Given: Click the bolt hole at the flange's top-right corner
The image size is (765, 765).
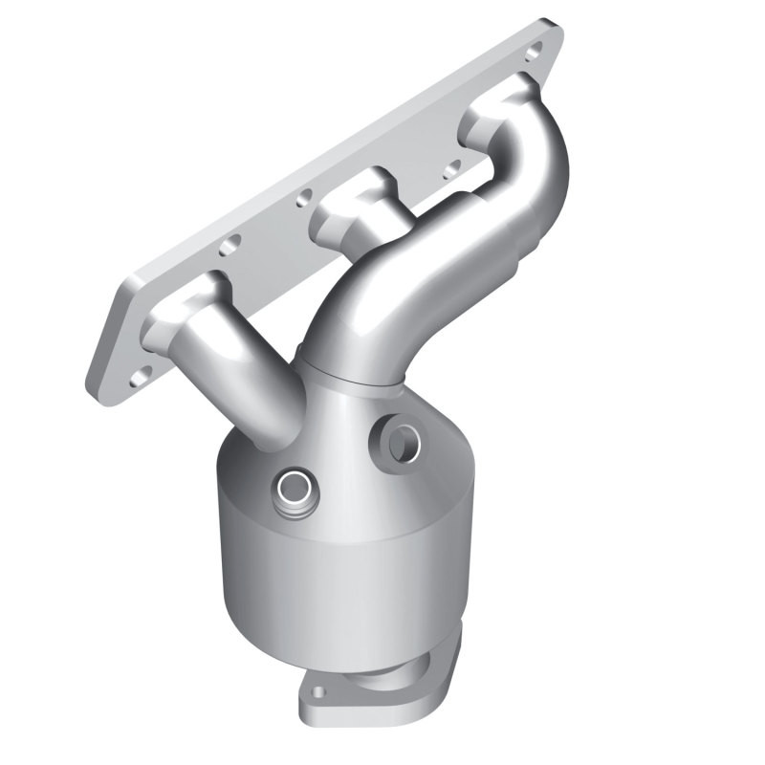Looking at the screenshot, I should click(x=534, y=49).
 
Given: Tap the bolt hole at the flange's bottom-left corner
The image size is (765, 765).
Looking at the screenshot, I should click(x=140, y=373).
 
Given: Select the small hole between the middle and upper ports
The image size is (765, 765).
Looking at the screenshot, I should click(x=450, y=173).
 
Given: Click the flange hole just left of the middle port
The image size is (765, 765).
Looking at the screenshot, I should click(x=304, y=199).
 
